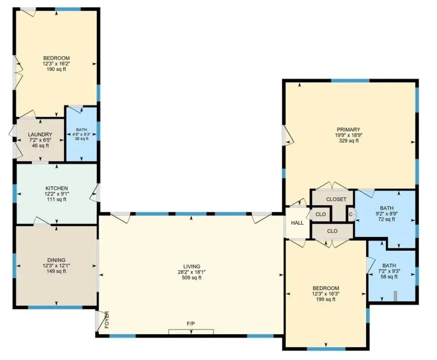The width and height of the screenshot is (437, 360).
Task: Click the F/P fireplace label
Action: (191, 323)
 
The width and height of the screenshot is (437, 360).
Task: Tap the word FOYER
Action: (106, 320)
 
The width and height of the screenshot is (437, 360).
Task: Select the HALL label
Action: (297, 223)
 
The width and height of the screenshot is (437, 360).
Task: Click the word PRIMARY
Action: (348, 129)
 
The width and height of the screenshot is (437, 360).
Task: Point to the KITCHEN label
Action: (57, 188)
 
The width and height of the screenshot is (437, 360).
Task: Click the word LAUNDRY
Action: (40, 135)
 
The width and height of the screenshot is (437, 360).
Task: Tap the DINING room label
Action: (56, 260)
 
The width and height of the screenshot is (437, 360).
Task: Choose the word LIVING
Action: (192, 267)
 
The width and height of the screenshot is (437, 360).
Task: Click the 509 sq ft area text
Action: (192, 278)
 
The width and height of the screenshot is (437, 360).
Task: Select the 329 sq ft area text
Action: (348, 141)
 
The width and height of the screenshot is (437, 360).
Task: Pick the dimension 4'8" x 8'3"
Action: (82, 134)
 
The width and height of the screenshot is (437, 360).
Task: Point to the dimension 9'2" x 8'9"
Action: (387, 214)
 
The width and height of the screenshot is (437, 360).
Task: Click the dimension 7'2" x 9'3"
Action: (389, 271)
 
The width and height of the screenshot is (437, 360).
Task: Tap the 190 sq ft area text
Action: (56, 69)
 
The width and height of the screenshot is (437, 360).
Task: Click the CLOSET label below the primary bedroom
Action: (336, 199)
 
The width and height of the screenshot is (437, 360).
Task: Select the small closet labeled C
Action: (351, 214)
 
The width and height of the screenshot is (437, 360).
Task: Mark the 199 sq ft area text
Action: (325, 300)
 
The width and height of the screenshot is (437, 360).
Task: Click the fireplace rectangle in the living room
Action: (191, 331)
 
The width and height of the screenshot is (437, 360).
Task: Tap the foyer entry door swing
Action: (99, 321)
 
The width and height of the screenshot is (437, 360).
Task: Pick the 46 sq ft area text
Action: (40, 145)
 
